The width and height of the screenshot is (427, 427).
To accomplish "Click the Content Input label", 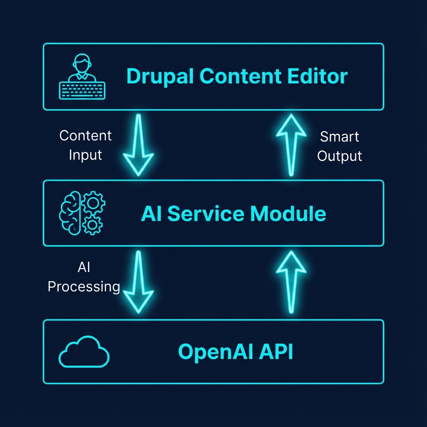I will [x=85, y=145].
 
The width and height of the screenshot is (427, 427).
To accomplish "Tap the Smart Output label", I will [x=339, y=146].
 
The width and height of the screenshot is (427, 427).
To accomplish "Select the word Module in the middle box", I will [x=288, y=214].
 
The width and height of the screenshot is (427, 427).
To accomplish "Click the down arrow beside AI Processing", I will [x=138, y=282].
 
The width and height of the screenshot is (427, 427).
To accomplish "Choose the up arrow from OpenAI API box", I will [x=291, y=282].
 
